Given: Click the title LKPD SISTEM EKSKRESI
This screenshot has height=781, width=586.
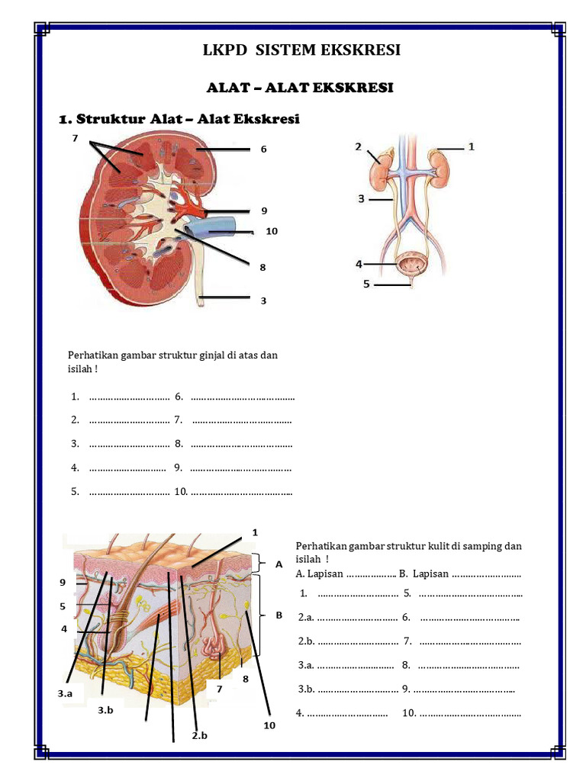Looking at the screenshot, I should pos(301,50).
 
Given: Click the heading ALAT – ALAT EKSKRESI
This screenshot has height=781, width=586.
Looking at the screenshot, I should pos(300,88).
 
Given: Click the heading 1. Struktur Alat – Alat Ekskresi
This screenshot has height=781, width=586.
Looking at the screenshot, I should pos(179,119).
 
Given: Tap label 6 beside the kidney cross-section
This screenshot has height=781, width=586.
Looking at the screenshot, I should pos(263,149).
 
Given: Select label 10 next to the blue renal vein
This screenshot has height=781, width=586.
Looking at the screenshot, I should pos(272,231).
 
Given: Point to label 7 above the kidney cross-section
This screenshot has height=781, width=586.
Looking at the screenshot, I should pos(76,138).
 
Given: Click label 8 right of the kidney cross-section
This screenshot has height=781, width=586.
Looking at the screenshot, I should pos(262,268).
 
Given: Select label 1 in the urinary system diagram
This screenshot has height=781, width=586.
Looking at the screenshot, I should pos(472,146).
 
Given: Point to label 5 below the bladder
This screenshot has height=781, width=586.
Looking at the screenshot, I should pos(366,284).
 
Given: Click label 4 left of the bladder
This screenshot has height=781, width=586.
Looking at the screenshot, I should pos(358,265).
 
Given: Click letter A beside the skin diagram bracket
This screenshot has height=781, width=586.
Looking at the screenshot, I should pos(279,564).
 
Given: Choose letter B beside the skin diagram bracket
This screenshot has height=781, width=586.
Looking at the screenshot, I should pos(279,615).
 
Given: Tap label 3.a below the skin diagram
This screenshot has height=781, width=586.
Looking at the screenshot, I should pos(65,693).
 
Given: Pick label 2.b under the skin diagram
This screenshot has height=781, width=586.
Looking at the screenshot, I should pos(200,736).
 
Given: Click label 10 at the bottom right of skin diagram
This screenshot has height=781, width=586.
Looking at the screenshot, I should pos(269,725).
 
